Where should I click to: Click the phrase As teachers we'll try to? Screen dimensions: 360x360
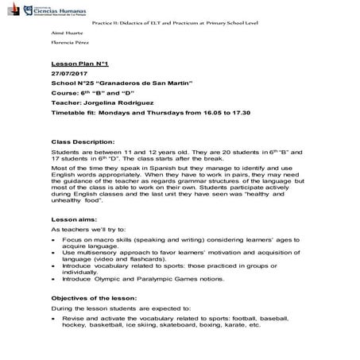point(87,228)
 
